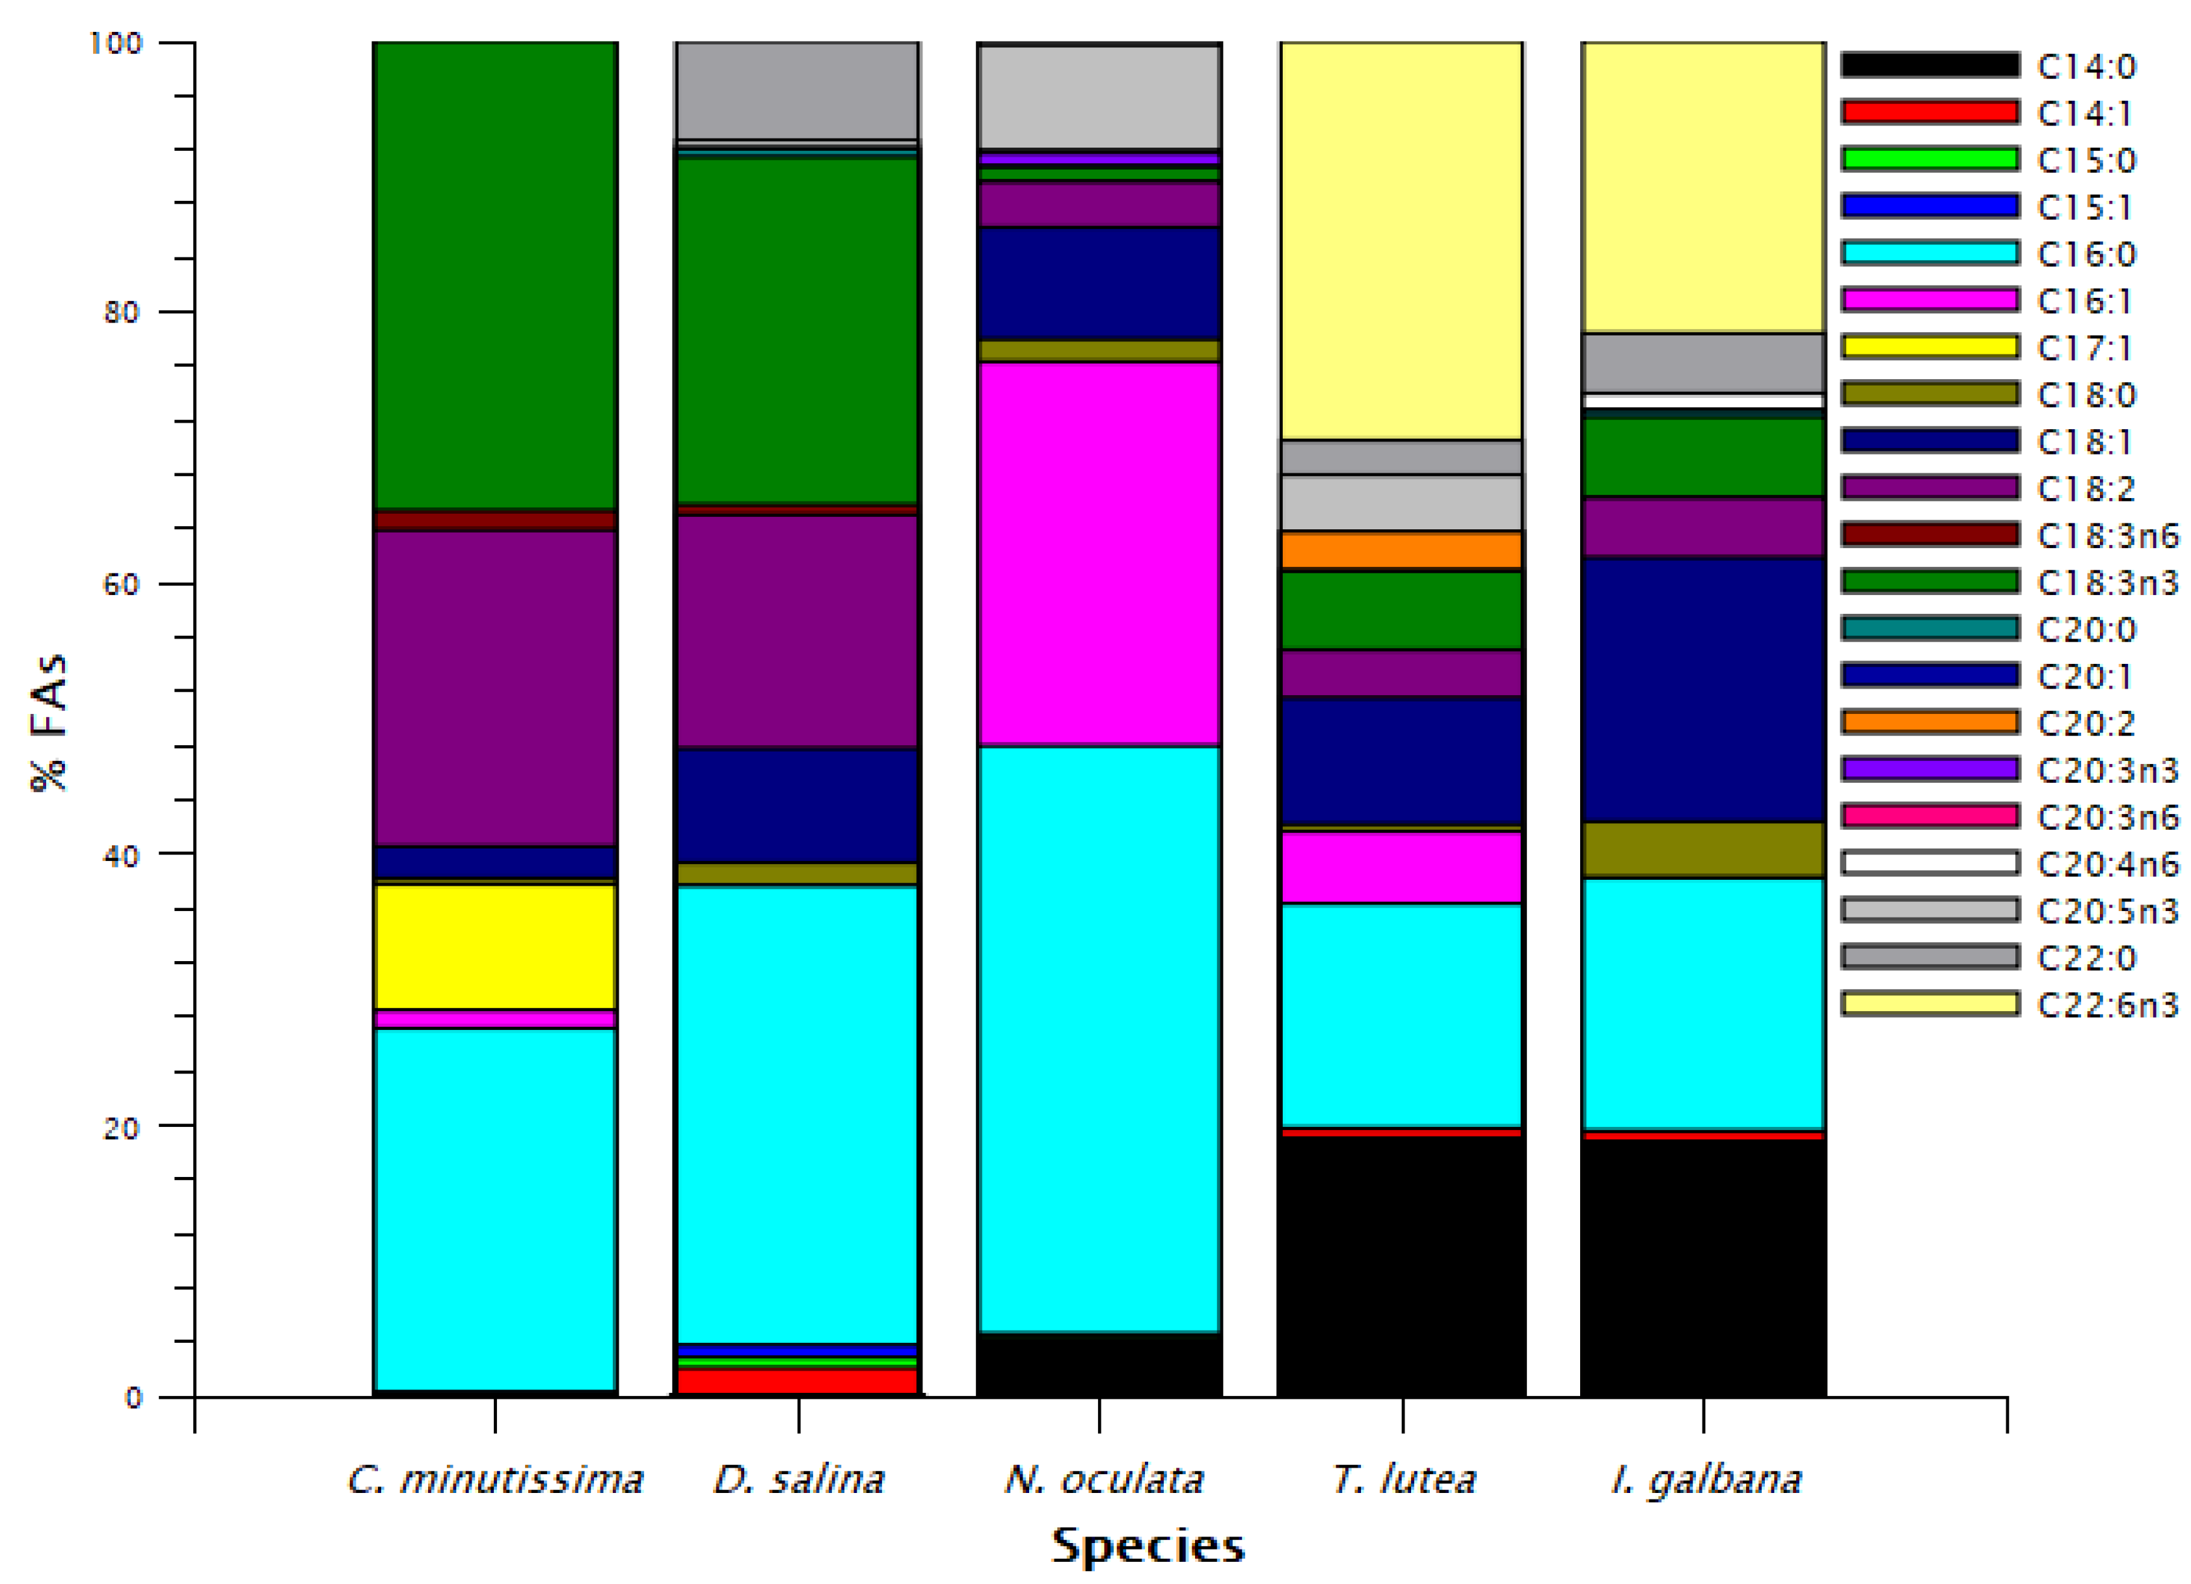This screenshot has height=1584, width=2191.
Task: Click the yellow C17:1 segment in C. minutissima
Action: pyautogui.click(x=494, y=947)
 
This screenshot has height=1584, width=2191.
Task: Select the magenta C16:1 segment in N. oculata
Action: pyautogui.click(x=1098, y=553)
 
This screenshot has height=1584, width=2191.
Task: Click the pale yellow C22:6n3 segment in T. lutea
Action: pyautogui.click(x=1401, y=241)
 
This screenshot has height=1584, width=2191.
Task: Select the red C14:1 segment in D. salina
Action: pyautogui.click(x=797, y=1381)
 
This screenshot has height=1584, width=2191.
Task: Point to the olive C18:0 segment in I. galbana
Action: pyautogui.click(x=1702, y=850)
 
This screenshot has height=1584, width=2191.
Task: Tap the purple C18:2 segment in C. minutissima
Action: pyautogui.click(x=494, y=688)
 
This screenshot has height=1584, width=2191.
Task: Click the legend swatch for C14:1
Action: pyautogui.click(x=1929, y=112)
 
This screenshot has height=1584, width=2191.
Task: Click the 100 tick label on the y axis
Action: pyautogui.click(x=115, y=42)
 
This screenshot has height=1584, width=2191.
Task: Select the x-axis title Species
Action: pyautogui.click(x=1147, y=1546)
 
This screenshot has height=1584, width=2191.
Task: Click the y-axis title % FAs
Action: pyautogui.click(x=48, y=722)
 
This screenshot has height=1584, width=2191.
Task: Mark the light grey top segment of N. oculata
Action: pyautogui.click(x=1098, y=97)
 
